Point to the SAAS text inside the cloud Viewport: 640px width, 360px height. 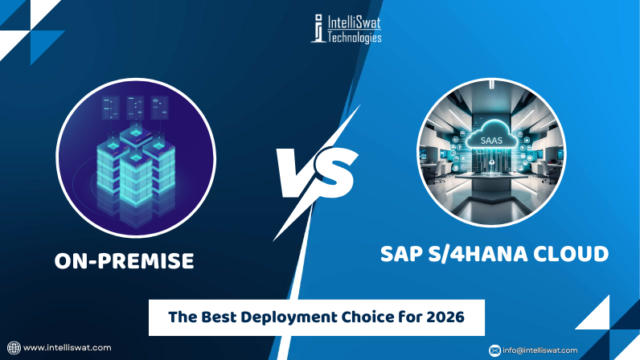[x=488, y=141]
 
